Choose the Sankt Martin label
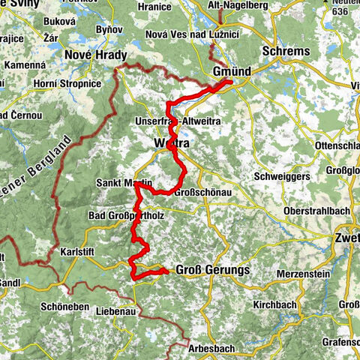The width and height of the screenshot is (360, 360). (x=124, y=183)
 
